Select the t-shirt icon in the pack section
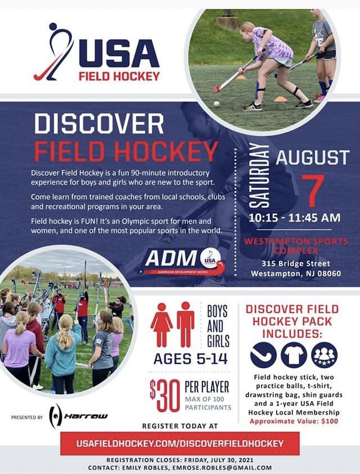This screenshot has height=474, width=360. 294,355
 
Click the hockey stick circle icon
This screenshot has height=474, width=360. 264,355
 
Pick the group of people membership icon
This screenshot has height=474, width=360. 325,355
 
